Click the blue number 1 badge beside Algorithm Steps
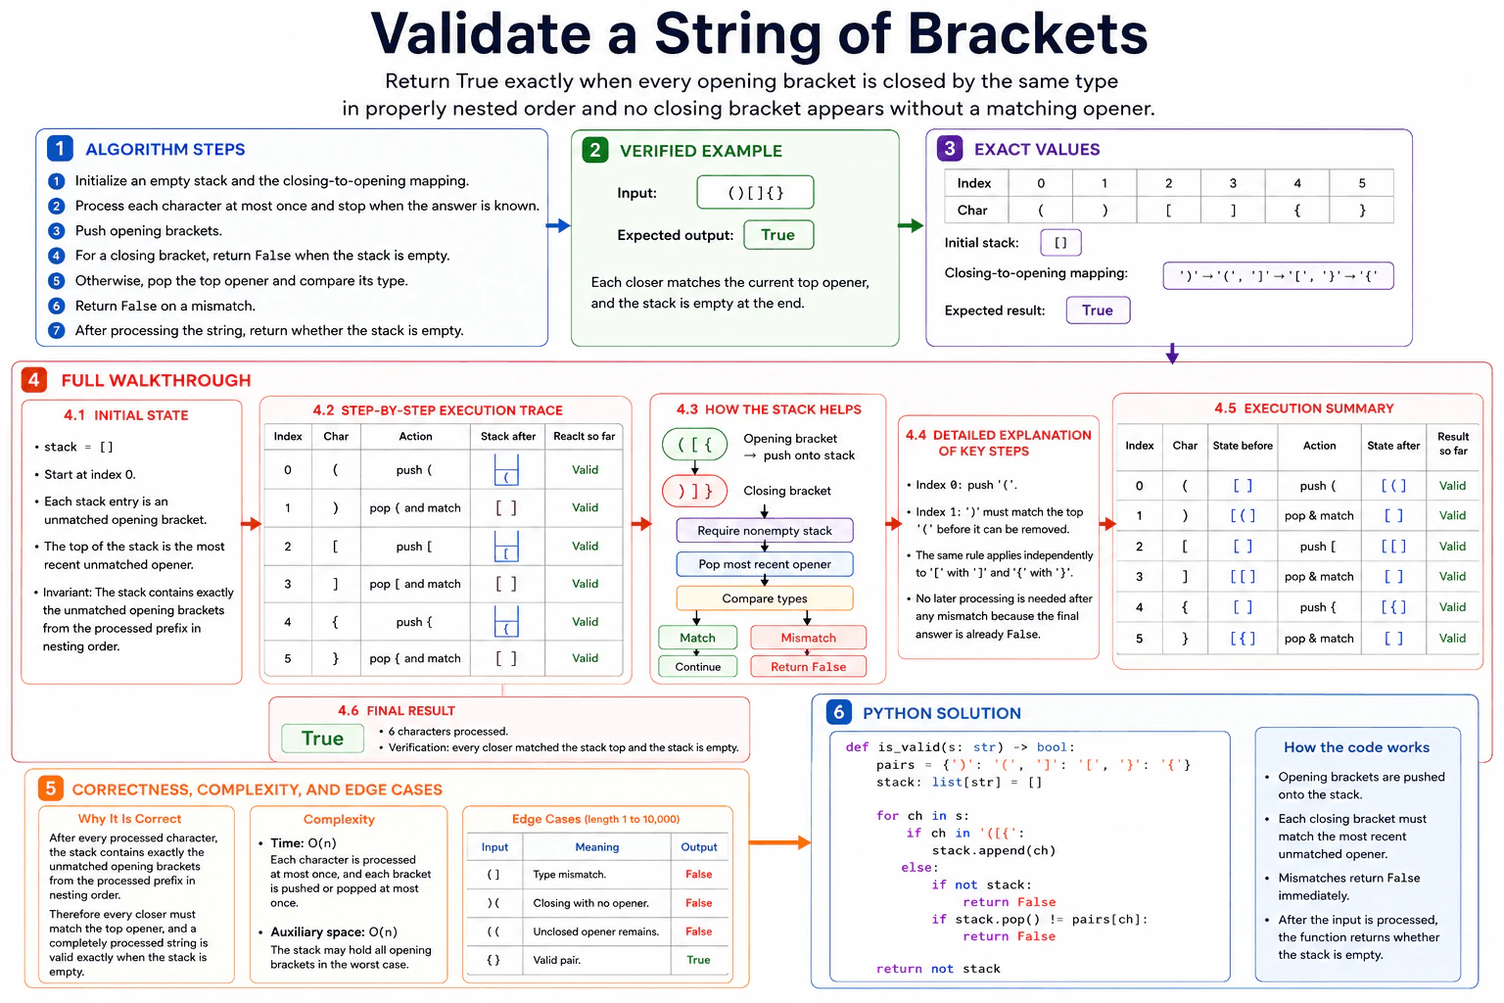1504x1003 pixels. click(60, 148)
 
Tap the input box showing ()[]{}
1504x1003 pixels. click(755, 192)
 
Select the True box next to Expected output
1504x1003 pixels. click(778, 235)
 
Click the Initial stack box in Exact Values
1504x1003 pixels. click(1060, 243)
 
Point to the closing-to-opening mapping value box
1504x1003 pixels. click(1279, 275)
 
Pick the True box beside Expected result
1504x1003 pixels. click(1098, 310)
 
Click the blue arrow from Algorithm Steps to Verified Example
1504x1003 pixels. click(558, 225)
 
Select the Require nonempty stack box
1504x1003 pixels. click(765, 530)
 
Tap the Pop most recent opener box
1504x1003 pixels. click(765, 564)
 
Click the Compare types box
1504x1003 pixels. click(765, 597)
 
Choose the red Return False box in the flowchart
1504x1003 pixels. click(809, 666)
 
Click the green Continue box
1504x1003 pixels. click(697, 666)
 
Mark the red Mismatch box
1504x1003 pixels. click(809, 638)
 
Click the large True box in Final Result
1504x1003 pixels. click(323, 739)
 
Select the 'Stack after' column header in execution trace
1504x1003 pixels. click(508, 436)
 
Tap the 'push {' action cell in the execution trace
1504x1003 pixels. click(414, 621)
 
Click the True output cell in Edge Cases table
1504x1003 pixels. click(698, 960)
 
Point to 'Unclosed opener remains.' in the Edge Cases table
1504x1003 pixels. click(596, 931)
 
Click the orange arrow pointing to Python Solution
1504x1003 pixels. click(779, 842)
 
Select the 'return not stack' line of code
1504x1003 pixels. click(938, 969)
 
